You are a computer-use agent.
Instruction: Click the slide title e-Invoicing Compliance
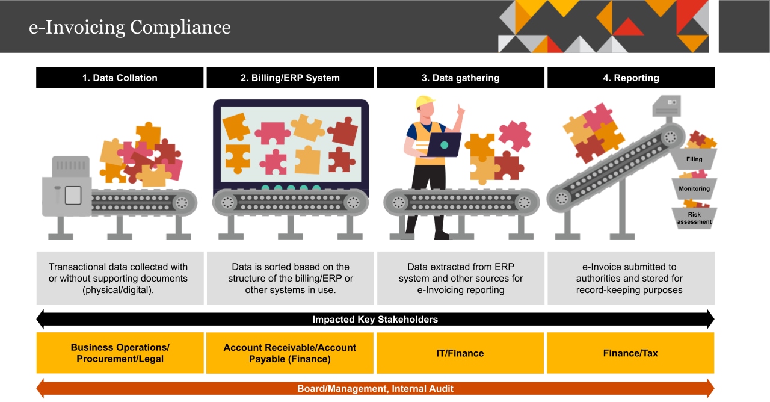click(x=130, y=28)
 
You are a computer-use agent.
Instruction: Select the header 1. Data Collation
click(x=120, y=78)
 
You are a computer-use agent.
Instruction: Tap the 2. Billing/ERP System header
click(x=290, y=78)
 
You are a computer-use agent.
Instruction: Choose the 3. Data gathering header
click(x=460, y=78)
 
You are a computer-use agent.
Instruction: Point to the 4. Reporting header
click(x=630, y=78)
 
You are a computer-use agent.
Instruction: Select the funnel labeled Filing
click(x=694, y=159)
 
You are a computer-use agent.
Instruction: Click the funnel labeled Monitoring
click(x=694, y=188)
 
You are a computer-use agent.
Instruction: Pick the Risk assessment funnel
click(x=694, y=218)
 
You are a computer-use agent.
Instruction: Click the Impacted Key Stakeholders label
click(x=375, y=320)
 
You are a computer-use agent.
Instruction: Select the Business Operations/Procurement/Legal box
click(x=120, y=353)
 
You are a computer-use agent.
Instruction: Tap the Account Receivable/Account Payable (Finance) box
click(x=290, y=353)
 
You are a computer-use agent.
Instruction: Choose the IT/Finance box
click(x=460, y=353)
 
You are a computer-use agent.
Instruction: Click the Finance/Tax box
click(x=630, y=353)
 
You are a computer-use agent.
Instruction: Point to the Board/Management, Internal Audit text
click(x=375, y=389)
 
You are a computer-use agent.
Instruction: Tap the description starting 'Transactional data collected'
click(x=119, y=278)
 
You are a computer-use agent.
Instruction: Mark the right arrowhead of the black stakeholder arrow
click(x=710, y=319)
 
